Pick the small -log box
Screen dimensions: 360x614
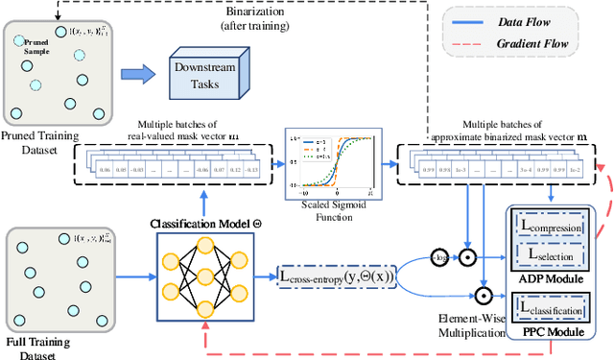point(438,258)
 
